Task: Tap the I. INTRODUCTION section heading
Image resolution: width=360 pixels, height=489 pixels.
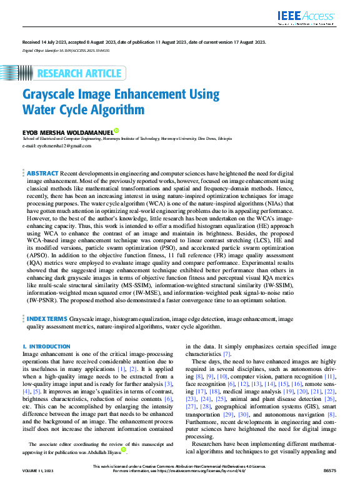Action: point(46,346)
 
